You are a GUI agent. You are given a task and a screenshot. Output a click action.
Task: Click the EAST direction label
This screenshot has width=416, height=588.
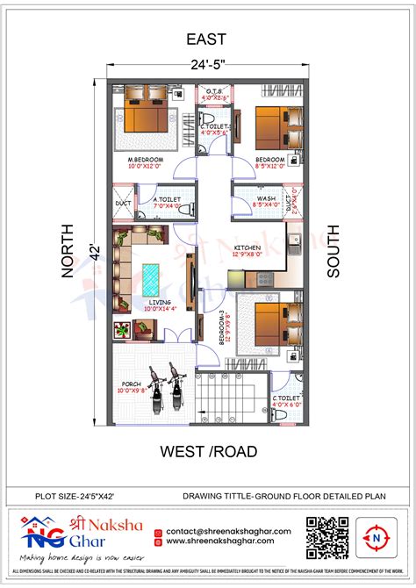coord(207,39)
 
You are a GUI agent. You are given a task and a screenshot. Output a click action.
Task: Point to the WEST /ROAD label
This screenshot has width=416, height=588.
coord(208,452)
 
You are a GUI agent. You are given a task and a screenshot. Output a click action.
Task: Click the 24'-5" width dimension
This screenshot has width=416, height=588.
coord(208,63)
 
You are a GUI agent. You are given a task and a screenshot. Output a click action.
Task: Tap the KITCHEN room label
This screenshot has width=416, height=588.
coord(248,248)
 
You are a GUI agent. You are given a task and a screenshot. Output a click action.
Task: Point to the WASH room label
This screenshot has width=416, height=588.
coord(266,199)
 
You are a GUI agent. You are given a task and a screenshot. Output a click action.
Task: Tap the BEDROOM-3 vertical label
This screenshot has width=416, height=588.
coord(226,326)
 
